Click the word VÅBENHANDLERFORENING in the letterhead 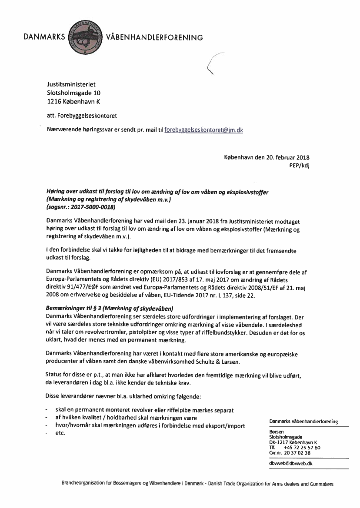click(x=154, y=37)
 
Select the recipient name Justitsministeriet click(x=71, y=84)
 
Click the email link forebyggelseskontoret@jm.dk click(x=204, y=129)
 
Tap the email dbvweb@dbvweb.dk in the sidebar click(x=291, y=463)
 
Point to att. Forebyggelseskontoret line click(x=82, y=116)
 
